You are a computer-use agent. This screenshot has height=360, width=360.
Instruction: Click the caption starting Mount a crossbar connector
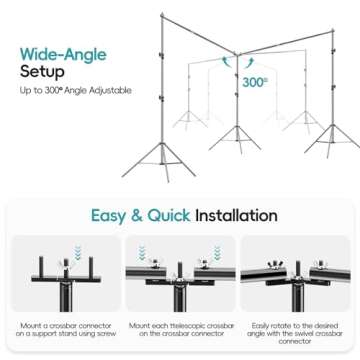(x=64, y=332)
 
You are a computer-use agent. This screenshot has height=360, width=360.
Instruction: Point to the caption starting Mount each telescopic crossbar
(x=180, y=332)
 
